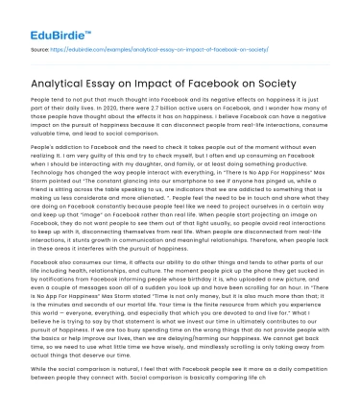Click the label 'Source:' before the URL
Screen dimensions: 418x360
[41, 45]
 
